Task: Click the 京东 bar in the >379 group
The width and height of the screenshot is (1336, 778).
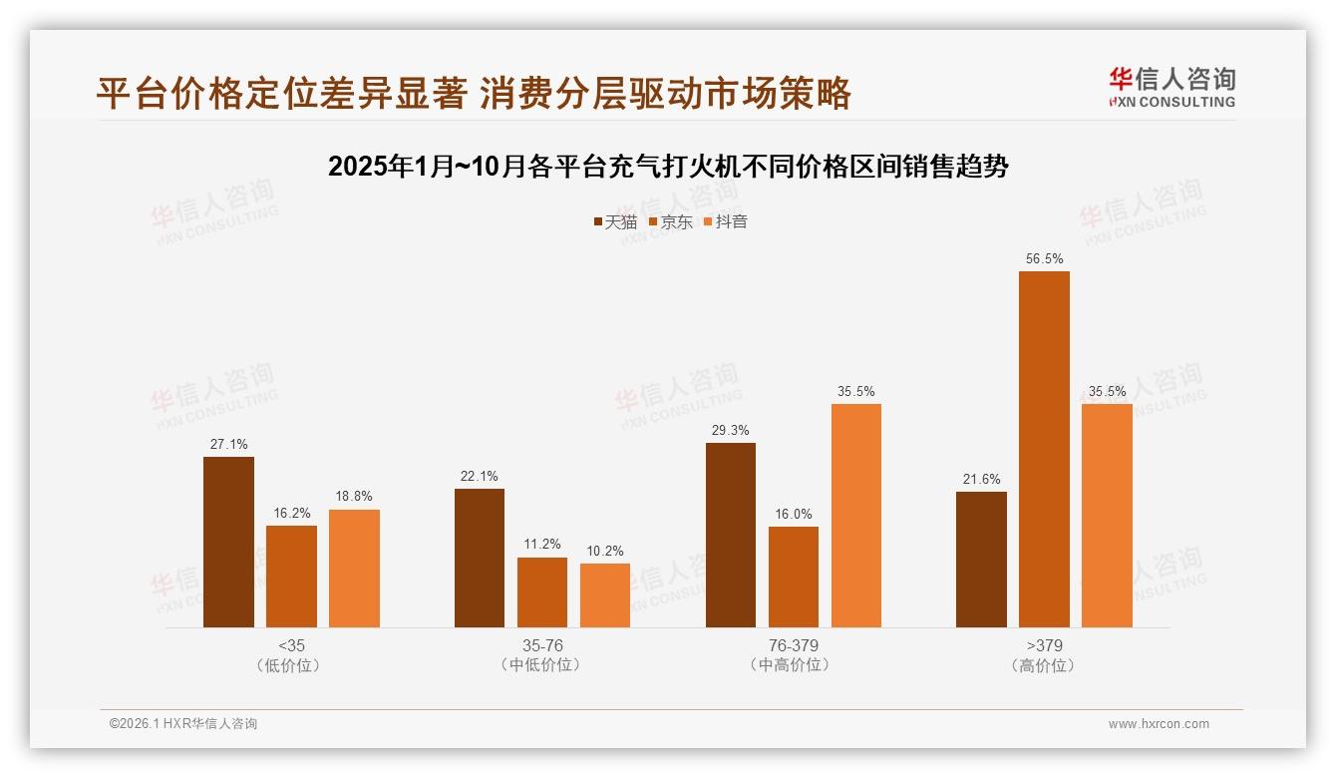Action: [1044, 449]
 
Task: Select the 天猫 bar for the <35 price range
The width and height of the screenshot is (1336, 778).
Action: [228, 542]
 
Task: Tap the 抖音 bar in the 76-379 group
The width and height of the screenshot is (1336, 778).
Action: [855, 515]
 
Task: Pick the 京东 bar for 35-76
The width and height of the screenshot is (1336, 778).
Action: [542, 592]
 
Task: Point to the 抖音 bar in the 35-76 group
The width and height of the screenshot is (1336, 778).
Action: [605, 595]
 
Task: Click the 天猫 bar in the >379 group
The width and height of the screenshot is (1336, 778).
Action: [981, 560]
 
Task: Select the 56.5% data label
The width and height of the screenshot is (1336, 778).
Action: [1044, 259]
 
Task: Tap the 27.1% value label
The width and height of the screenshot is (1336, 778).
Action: [228, 444]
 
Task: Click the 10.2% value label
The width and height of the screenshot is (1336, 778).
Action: [605, 551]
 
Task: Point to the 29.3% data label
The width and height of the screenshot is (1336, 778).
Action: [731, 430]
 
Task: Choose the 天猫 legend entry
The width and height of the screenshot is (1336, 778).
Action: [615, 221]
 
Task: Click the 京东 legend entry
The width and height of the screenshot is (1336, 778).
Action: [671, 221]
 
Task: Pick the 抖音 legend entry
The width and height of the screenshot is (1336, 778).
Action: [726, 221]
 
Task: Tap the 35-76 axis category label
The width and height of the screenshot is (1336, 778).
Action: [542, 645]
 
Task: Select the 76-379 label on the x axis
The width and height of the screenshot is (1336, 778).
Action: [794, 645]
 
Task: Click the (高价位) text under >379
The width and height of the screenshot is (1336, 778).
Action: [1044, 665]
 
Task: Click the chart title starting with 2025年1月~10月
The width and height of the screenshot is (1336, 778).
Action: [668, 167]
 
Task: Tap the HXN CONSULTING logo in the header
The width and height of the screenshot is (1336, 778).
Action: [1171, 87]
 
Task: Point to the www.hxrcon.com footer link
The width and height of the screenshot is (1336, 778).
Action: [1159, 724]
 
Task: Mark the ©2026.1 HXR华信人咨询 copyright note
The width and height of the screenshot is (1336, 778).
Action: [183, 724]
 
